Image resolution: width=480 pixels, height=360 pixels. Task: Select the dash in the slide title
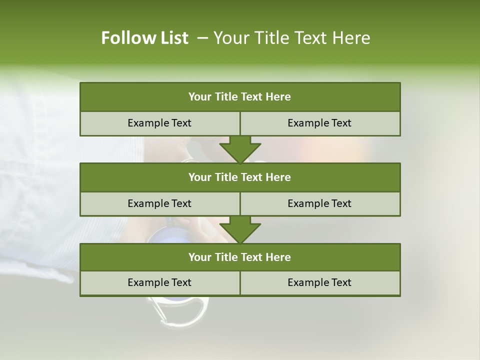point(202,38)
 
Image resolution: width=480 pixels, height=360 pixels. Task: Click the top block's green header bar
point(240,97)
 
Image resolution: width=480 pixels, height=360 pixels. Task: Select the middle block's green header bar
point(240,177)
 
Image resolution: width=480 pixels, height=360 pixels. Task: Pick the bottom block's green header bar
point(240,257)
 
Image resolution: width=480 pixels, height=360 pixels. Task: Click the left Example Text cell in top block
point(159,123)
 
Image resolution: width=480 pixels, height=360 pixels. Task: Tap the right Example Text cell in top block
point(320,123)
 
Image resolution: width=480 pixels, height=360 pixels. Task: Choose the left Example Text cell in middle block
point(159,203)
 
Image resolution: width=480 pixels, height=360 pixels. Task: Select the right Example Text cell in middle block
point(320,203)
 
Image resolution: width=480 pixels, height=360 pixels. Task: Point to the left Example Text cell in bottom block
point(159,282)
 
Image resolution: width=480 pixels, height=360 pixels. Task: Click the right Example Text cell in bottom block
point(320,282)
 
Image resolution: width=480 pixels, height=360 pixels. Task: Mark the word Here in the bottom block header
point(278,257)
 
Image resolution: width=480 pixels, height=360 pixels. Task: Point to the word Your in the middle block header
point(199,177)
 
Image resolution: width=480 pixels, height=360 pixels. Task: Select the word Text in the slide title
point(314,38)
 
